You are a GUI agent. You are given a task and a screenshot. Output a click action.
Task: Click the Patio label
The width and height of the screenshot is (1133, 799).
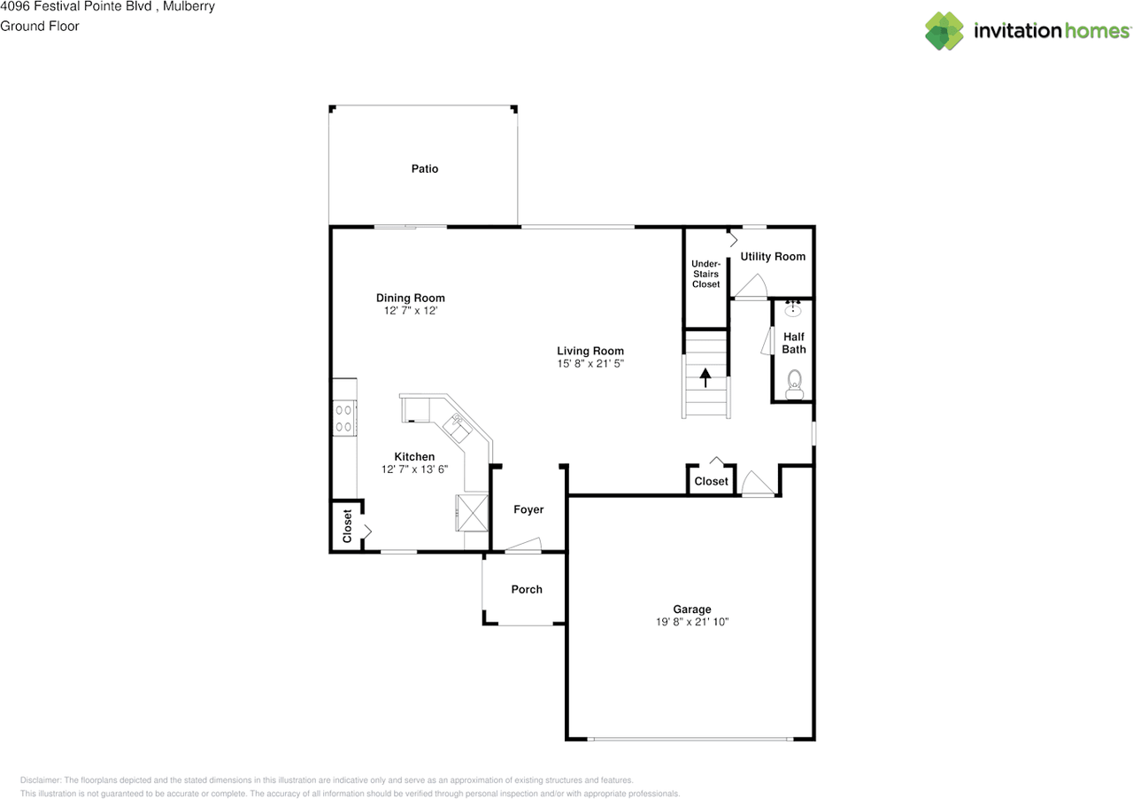[x=425, y=168]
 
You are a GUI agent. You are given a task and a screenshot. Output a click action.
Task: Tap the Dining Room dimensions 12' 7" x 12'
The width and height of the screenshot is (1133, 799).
[x=410, y=311]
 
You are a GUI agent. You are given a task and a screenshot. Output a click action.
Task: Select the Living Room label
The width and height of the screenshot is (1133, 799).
[x=590, y=351]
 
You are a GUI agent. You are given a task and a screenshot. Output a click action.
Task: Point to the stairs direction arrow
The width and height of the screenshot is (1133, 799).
[x=705, y=378]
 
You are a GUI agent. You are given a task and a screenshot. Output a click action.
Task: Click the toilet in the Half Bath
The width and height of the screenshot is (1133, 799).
[x=794, y=381]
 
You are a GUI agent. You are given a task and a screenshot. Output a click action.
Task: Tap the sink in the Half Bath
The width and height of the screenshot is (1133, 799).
[x=794, y=310]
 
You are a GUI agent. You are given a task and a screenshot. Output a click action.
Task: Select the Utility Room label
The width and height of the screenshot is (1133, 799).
[x=773, y=256]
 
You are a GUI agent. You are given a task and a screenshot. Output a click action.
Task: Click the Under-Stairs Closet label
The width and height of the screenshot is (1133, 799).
[x=705, y=274]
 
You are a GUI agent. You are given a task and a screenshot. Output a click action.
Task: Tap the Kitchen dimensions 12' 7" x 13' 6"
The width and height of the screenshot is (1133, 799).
[x=414, y=469]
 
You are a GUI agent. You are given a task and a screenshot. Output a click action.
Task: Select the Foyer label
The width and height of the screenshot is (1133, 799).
[x=528, y=509]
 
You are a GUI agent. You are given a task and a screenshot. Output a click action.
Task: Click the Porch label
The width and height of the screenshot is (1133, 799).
[x=527, y=589]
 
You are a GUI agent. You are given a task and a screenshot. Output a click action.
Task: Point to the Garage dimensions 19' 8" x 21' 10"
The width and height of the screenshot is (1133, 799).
[x=691, y=622]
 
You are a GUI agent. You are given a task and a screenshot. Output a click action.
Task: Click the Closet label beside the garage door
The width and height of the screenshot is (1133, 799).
[x=711, y=481]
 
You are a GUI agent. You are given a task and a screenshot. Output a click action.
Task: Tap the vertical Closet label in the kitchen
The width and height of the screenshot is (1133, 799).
[x=347, y=526]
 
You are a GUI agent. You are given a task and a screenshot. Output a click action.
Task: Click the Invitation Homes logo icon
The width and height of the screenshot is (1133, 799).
[x=944, y=31]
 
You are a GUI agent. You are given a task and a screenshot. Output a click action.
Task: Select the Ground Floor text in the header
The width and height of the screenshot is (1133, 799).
[x=40, y=26]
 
